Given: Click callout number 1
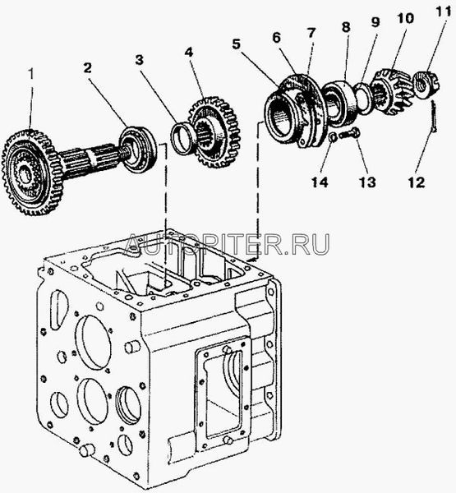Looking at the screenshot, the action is pyautogui.click(x=31, y=74).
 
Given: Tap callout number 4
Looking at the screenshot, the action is pyautogui.click(x=188, y=53).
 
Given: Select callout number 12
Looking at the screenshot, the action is pyautogui.click(x=417, y=182).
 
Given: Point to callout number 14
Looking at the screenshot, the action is pyautogui.click(x=320, y=182).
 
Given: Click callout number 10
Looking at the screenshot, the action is pyautogui.click(x=405, y=18).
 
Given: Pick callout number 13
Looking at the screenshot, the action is pyautogui.click(x=367, y=182).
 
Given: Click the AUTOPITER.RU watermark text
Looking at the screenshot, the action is pyautogui.click(x=227, y=244).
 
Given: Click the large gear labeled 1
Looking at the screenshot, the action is pyautogui.click(x=28, y=173).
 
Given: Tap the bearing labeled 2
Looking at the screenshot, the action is pyautogui.click(x=138, y=150).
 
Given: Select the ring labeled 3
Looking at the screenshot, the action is pyautogui.click(x=181, y=138).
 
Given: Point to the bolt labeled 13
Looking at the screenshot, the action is pyautogui.click(x=350, y=133).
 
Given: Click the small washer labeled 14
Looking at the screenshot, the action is pyautogui.click(x=333, y=137).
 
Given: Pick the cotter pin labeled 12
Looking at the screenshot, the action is pyautogui.click(x=433, y=117).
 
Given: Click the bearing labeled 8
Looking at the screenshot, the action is pyautogui.click(x=339, y=101).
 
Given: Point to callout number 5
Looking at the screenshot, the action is pyautogui.click(x=237, y=44).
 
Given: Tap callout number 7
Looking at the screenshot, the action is pyautogui.click(x=311, y=33).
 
